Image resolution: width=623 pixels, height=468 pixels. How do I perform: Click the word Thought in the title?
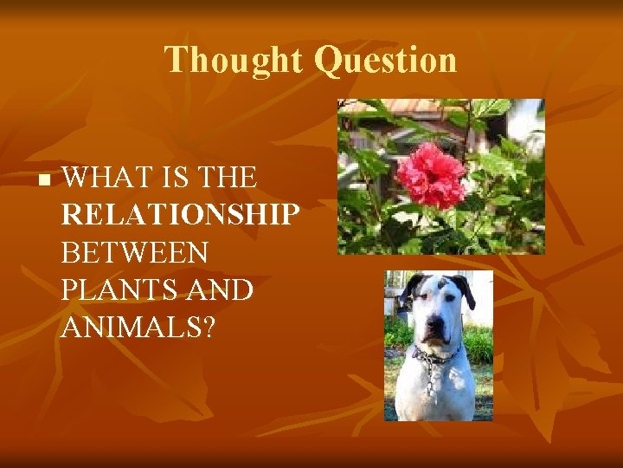point(234,60)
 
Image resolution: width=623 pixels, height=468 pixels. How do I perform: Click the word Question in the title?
point(385,61)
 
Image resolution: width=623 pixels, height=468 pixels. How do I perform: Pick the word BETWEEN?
point(135,253)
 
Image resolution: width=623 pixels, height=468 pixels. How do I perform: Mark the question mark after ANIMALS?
point(208,328)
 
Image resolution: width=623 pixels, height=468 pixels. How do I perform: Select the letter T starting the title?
point(174,60)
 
